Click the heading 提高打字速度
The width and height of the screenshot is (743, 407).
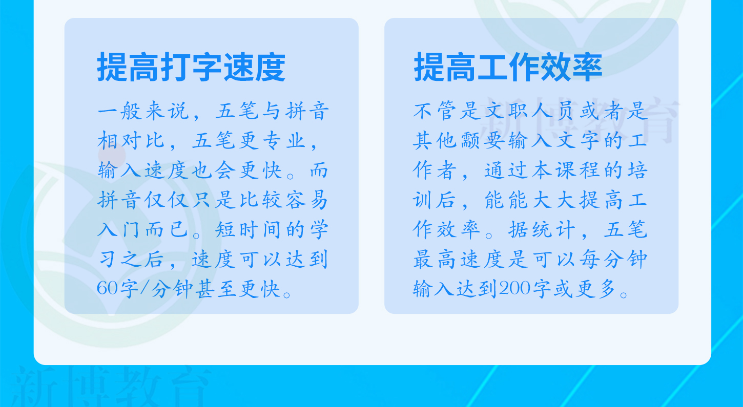point(191,67)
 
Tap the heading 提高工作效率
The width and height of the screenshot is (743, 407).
point(508,67)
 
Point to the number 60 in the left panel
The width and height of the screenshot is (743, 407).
point(107,288)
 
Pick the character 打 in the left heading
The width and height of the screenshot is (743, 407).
point(175,67)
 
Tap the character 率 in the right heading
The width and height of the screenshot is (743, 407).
point(588,67)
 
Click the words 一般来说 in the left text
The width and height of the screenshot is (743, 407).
point(143,111)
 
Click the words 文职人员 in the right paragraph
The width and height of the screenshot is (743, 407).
point(529,111)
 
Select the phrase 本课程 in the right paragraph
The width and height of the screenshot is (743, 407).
point(565,170)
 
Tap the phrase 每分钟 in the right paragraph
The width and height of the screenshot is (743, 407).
point(614,259)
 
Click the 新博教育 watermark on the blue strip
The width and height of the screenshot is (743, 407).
point(111,386)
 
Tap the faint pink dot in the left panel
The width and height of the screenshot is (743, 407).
point(112,155)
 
